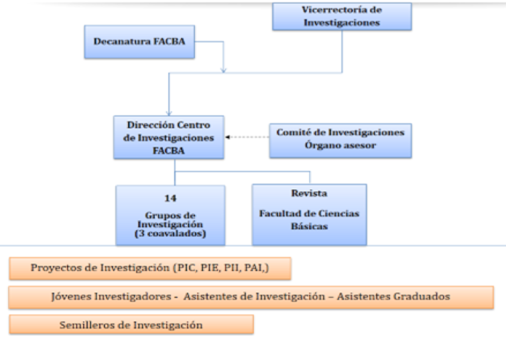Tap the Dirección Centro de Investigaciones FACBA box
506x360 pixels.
point(170,137)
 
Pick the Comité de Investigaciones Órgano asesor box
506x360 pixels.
point(340,139)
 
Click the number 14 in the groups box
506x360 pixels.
point(170,198)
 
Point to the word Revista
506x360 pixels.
point(309,193)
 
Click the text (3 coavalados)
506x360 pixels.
point(170,234)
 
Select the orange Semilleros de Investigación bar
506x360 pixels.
point(131,324)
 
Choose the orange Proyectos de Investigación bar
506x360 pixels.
point(150,268)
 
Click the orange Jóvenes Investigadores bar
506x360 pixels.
point(251,296)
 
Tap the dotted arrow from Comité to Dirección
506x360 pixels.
point(247,137)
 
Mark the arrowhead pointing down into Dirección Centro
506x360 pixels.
point(169,113)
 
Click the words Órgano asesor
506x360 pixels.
point(340,145)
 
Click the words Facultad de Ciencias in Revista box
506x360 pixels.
point(309,214)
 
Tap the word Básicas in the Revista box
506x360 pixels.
point(309,227)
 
